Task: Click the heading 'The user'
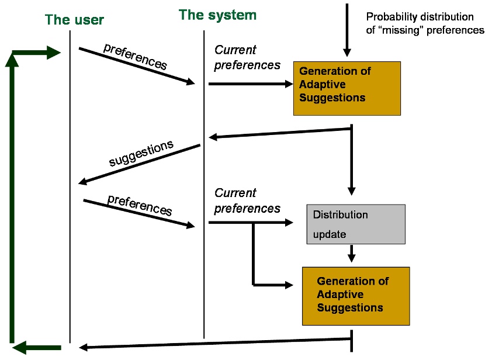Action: coord(74,20)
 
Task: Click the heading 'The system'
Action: coord(217,15)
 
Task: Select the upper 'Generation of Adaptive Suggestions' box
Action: coord(347,88)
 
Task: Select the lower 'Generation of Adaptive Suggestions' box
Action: coord(355,296)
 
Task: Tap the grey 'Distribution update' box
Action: coord(355,224)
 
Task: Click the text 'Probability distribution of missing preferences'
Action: coord(425,24)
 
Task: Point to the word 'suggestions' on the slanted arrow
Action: coord(141,153)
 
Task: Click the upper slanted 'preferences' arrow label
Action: coord(135,57)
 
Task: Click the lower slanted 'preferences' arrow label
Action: coord(140,205)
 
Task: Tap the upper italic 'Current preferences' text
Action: coord(247,58)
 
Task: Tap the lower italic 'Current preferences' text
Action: coord(247,200)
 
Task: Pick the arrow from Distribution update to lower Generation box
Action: coord(351,255)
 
